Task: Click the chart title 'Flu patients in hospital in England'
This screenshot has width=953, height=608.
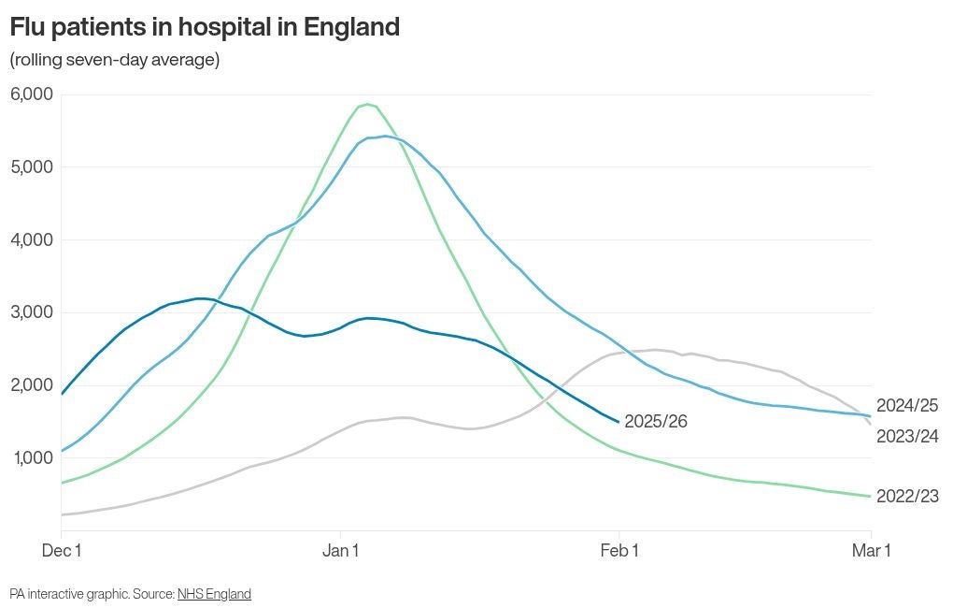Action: (x=205, y=27)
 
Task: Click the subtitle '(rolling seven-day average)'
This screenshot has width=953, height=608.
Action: (x=115, y=60)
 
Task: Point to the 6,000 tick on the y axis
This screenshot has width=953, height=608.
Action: (x=32, y=94)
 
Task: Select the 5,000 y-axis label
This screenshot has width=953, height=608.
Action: (x=32, y=167)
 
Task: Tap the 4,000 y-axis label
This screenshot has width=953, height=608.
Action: (x=32, y=239)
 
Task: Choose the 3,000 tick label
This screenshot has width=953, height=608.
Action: (x=32, y=312)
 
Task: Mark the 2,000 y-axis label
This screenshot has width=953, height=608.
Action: (x=32, y=384)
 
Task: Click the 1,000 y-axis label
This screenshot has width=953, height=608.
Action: (x=32, y=457)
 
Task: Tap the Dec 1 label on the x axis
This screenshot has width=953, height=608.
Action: (x=62, y=551)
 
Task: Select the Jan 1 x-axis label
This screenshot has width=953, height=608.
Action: (x=341, y=551)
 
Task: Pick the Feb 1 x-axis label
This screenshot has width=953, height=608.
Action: (x=619, y=551)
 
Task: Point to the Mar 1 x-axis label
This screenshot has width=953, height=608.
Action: (x=871, y=551)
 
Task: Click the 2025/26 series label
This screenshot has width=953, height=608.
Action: (x=656, y=422)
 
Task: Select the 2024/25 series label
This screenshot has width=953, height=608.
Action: (x=907, y=406)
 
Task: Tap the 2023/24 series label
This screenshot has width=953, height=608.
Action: (x=907, y=437)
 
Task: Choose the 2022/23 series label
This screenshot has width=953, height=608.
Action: (x=907, y=497)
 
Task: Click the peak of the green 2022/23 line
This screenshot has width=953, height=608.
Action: (x=367, y=104)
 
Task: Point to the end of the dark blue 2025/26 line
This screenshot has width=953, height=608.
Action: (x=618, y=421)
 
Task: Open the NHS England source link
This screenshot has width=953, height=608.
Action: (x=214, y=594)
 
